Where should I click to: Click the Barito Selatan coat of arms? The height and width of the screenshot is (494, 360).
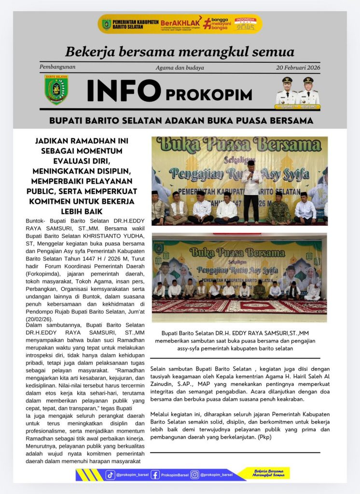pyautogui.click(x=56, y=89)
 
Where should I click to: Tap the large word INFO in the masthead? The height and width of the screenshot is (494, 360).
pyautogui.click(x=124, y=91)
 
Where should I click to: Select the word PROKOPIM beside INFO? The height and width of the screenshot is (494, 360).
pyautogui.click(x=208, y=95)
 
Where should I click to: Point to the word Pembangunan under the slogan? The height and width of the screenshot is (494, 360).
pyautogui.click(x=57, y=67)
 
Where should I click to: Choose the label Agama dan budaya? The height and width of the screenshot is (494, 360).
pyautogui.click(x=180, y=68)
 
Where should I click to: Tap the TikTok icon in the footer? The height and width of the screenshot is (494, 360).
pyautogui.click(x=111, y=475)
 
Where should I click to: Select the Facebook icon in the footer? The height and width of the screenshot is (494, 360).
pyautogui.click(x=155, y=475)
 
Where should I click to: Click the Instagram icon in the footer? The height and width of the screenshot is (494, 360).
pyautogui.click(x=195, y=475)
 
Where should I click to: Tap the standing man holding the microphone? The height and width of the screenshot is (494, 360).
pyautogui.click(x=250, y=191)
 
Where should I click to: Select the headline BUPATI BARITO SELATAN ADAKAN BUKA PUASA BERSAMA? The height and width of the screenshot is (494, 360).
pyautogui.click(x=181, y=120)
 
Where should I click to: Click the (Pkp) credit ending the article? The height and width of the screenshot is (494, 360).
pyautogui.click(x=264, y=437)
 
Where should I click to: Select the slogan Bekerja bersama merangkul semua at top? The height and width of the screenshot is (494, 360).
pyautogui.click(x=180, y=52)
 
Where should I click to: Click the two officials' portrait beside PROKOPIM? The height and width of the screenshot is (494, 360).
pyautogui.click(x=297, y=91)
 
